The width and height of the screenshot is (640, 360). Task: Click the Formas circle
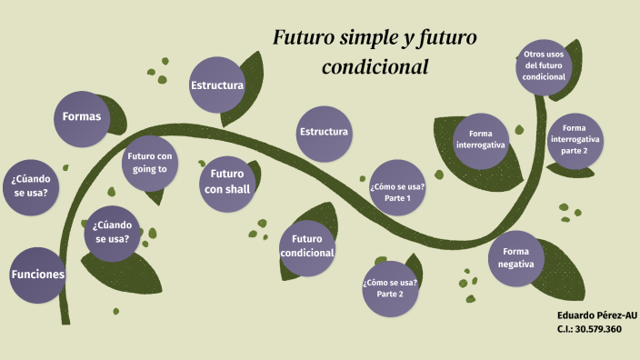point(82,117)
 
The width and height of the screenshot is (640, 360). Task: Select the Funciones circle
point(38,274)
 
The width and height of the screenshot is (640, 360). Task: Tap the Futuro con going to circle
point(149,162)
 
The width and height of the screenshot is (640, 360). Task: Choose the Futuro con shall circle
point(227,181)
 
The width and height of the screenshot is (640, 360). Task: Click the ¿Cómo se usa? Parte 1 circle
point(396,192)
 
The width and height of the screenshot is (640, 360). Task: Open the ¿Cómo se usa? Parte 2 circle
point(390,288)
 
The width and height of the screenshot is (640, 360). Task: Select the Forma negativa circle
point(515,257)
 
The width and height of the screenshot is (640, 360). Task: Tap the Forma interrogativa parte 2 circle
point(575,138)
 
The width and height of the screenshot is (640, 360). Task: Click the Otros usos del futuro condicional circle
point(544,66)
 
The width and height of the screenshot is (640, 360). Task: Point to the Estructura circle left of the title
point(217,85)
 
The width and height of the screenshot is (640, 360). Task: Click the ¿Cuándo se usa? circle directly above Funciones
point(31,185)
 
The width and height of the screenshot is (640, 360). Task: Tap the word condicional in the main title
point(375,67)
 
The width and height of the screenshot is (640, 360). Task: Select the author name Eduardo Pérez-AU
point(595,315)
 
